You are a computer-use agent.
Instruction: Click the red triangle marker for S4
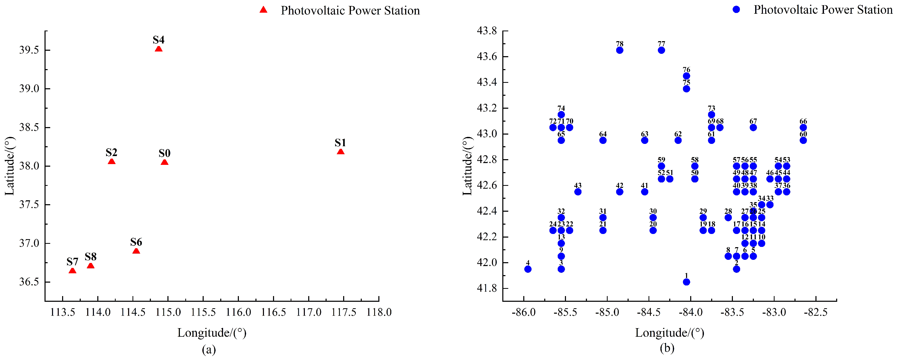(159, 49)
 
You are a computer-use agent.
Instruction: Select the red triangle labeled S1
(341, 152)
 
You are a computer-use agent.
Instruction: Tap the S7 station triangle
(72, 271)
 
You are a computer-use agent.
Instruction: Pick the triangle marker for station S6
(136, 251)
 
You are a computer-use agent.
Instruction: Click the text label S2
(111, 152)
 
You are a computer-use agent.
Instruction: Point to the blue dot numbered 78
(620, 50)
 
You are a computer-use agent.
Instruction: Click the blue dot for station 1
(686, 282)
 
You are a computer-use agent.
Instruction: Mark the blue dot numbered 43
(578, 192)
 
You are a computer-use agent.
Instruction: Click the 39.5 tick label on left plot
(29, 50)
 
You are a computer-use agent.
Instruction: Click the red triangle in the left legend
(263, 10)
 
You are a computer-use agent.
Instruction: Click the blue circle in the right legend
(736, 9)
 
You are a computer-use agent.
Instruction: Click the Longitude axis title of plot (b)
(669, 333)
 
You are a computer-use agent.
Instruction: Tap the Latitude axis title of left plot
(10, 166)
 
